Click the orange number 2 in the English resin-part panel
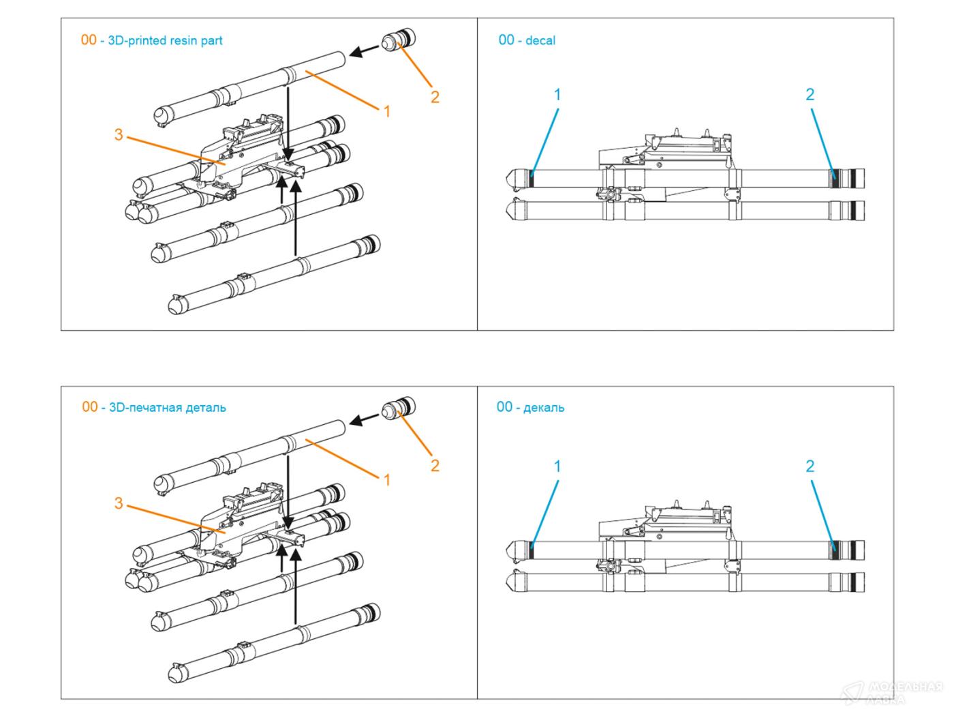tap(435, 97)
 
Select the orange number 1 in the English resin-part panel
tap(387, 111)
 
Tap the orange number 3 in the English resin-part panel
tap(119, 134)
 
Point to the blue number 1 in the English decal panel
tap(557, 95)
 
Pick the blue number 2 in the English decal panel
tap(810, 95)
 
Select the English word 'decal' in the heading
tap(540, 41)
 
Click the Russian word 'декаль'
tap(544, 408)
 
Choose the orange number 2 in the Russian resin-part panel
tap(435, 466)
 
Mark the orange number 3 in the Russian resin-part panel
tap(119, 503)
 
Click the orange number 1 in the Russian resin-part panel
tap(387, 480)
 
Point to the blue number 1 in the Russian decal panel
tap(557, 466)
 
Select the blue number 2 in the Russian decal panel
tap(810, 466)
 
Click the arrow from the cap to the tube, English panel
tap(365, 50)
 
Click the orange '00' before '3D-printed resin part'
tap(89, 40)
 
